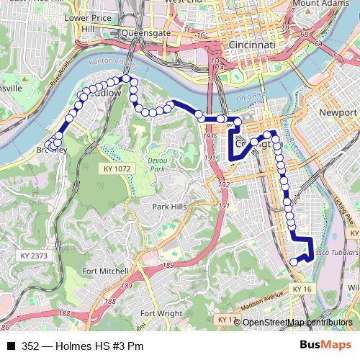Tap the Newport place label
(x=338, y=113)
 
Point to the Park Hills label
(x=170, y=206)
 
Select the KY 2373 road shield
(x=34, y=256)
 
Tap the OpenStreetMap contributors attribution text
(x=297, y=322)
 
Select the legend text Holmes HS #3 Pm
(x=98, y=346)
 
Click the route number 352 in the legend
(x=30, y=346)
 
